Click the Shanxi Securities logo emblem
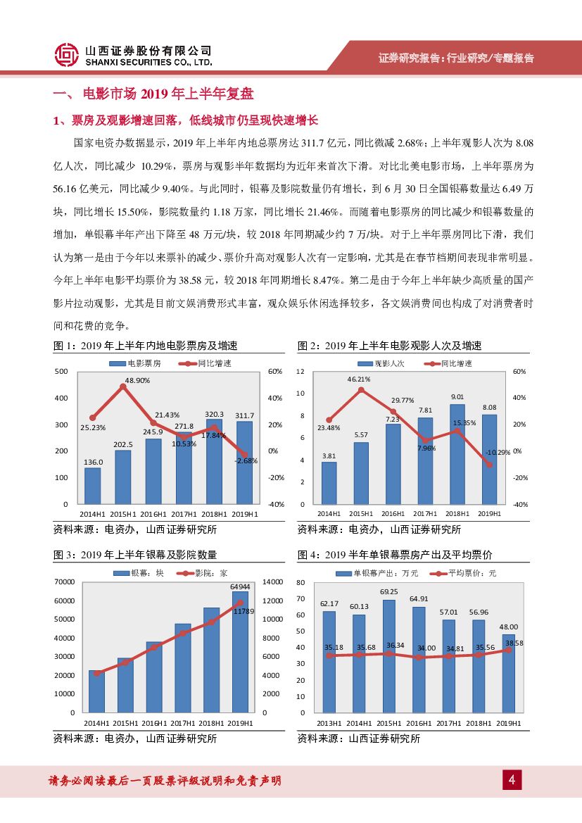click(67, 54)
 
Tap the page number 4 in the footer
click(512, 780)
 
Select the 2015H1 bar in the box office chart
click(122, 477)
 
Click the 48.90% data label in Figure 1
click(123, 379)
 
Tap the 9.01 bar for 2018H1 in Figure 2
click(457, 453)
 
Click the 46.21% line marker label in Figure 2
click(360, 379)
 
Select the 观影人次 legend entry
click(381, 363)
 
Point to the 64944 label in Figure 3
click(241, 586)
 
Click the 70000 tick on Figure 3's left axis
click(64, 582)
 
